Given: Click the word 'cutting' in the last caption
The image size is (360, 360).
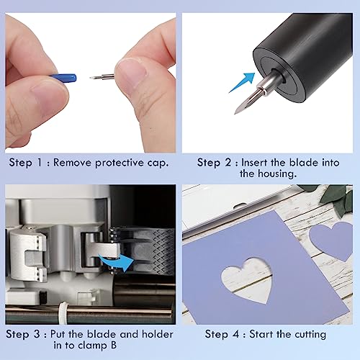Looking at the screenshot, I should point(306,334).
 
